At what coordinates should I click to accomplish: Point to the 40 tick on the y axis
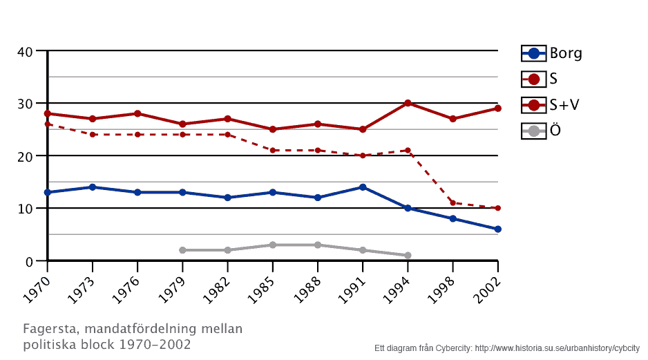click(26, 51)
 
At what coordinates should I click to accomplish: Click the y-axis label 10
click(26, 209)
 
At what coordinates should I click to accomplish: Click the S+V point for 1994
click(408, 103)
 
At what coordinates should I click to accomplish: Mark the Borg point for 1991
click(363, 187)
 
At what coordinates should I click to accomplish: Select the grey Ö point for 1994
click(408, 256)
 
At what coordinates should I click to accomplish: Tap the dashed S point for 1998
click(452, 203)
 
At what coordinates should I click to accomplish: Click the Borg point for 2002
click(497, 229)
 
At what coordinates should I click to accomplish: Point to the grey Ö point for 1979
click(182, 250)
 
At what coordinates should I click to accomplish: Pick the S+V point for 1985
click(273, 129)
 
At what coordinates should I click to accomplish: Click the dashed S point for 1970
click(48, 124)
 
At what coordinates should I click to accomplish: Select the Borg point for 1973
click(93, 187)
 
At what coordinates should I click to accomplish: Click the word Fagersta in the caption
click(49, 329)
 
